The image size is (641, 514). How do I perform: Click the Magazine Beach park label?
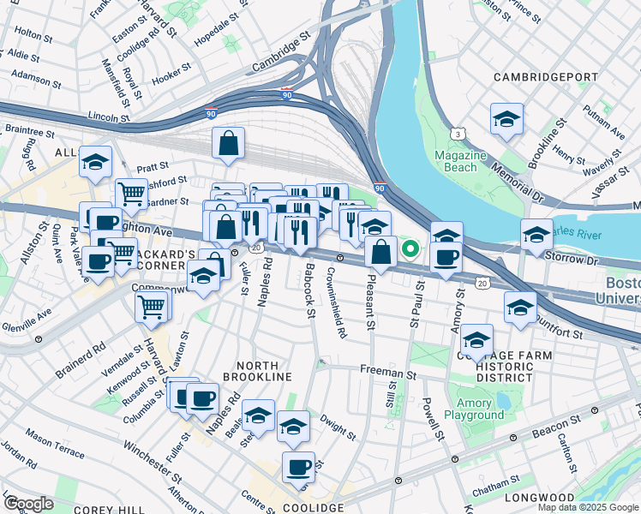[x=460, y=161]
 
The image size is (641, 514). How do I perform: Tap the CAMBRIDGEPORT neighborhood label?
[x=546, y=77]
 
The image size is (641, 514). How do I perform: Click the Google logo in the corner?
[x=28, y=504]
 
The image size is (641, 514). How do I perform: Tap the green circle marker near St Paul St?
[x=410, y=250]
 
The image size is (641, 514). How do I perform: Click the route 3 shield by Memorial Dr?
[x=459, y=134]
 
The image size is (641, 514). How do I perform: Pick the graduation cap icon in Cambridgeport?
[x=506, y=119]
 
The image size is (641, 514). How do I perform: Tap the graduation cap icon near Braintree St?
[x=95, y=160]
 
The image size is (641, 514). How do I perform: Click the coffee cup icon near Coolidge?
[x=298, y=467]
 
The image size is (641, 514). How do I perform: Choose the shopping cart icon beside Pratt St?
[x=131, y=194]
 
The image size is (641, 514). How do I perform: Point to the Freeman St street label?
[x=387, y=374]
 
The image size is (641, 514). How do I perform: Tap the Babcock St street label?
[x=308, y=287]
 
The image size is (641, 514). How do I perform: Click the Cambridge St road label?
[x=280, y=57]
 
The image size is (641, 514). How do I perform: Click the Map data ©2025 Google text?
[x=588, y=507]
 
